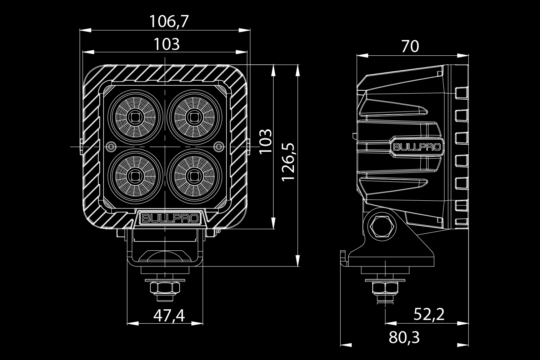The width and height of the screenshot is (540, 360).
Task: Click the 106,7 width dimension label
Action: (168, 22)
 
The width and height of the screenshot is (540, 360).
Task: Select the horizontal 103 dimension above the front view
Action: (166, 45)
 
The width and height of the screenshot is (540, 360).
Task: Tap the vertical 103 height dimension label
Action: (266, 141)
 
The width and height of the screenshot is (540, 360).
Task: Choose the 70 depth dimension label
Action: (410, 46)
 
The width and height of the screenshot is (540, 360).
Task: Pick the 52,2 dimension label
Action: (429, 314)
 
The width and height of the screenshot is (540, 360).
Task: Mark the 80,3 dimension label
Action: (404, 337)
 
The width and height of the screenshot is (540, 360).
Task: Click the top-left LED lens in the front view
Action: (135, 117)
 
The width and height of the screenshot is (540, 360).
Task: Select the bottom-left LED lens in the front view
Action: (135, 176)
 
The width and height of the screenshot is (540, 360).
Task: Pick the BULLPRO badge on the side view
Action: (417, 147)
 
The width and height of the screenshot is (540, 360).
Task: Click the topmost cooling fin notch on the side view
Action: (461, 93)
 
